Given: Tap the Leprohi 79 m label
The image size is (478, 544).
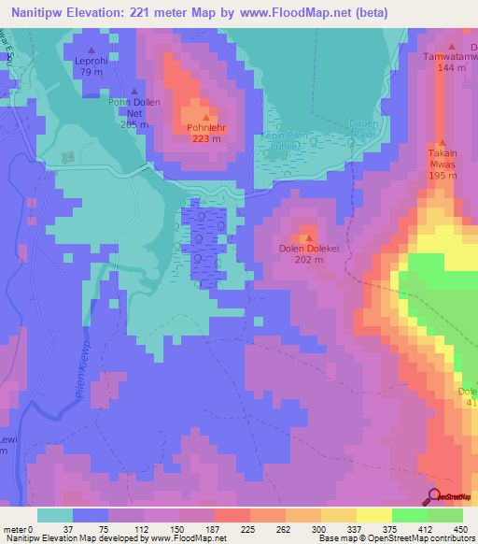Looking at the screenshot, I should click(x=91, y=66).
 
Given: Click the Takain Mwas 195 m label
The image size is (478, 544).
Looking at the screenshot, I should click(x=443, y=163).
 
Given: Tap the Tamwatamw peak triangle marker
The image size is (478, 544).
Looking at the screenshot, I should click(x=452, y=45).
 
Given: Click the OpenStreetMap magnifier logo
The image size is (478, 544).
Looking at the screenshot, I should click(x=434, y=495).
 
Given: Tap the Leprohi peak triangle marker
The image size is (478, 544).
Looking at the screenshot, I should click(x=91, y=50).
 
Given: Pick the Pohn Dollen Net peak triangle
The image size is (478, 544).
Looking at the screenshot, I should click(x=134, y=92).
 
